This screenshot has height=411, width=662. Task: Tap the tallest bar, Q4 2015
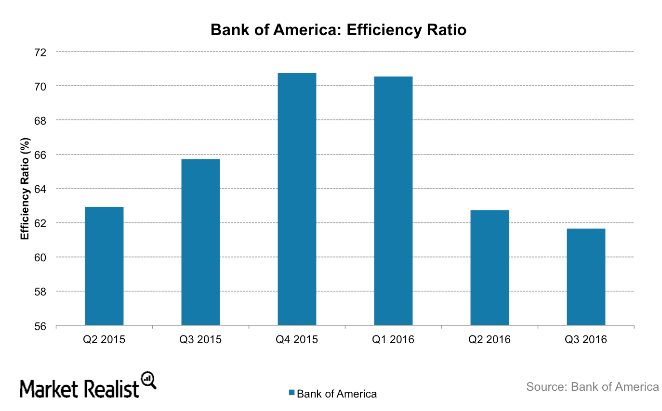pos(297,199)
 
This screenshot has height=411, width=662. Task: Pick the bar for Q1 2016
pos(393,201)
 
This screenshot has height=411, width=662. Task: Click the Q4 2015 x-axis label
pos(297,340)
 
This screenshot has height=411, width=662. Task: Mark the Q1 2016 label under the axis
pos(393,340)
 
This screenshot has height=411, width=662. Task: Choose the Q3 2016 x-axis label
pos(586,340)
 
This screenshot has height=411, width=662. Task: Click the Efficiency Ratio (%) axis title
pos(25,189)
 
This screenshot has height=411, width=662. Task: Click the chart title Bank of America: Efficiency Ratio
pos(339,30)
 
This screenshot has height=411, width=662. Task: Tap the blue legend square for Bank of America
pos(291,393)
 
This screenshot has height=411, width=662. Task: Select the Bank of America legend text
pos(337,394)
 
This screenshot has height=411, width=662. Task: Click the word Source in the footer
pos(545,387)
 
